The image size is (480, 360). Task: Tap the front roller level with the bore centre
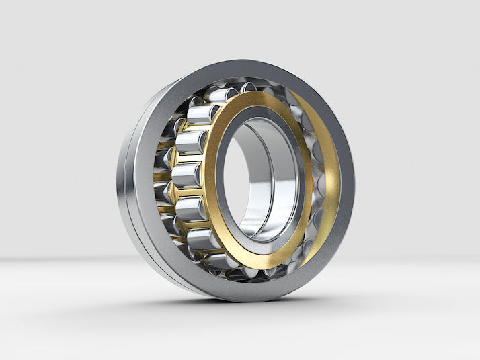(186, 176)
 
